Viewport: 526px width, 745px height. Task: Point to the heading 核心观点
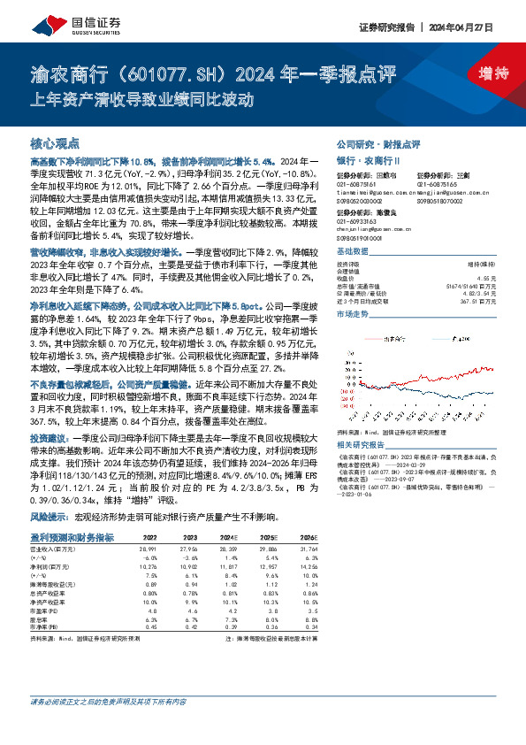[x=56, y=143]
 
